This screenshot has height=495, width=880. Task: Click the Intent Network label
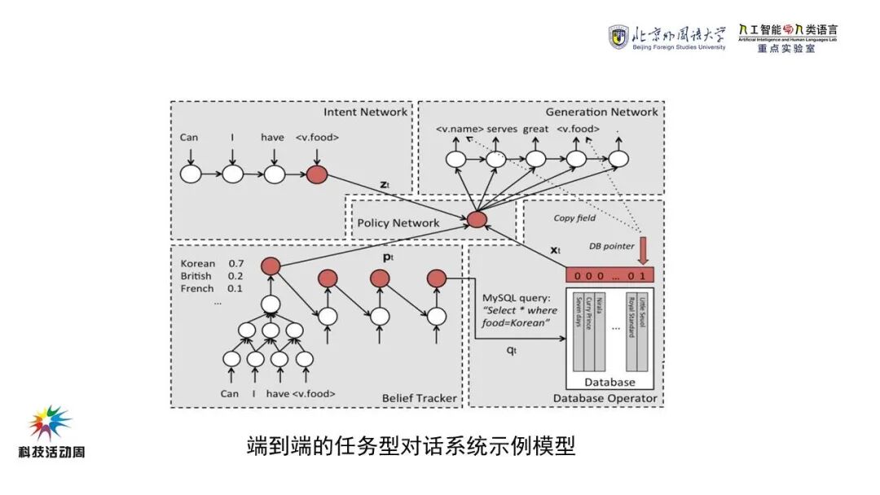pos(365,112)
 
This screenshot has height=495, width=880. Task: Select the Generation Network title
pos(601,112)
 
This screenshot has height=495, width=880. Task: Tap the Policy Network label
pos(398,222)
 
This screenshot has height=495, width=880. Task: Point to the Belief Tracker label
pos(419,398)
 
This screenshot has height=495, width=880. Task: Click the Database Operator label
pos(605,398)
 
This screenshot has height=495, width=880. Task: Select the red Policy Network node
pos(477,219)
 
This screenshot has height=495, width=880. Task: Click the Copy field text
pos(574,217)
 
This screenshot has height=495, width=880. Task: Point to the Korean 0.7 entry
pos(212,264)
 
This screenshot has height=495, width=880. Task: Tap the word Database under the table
pos(609,382)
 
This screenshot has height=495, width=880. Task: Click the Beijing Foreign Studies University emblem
pos(618,37)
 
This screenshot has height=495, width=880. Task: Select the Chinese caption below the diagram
pos(411,447)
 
